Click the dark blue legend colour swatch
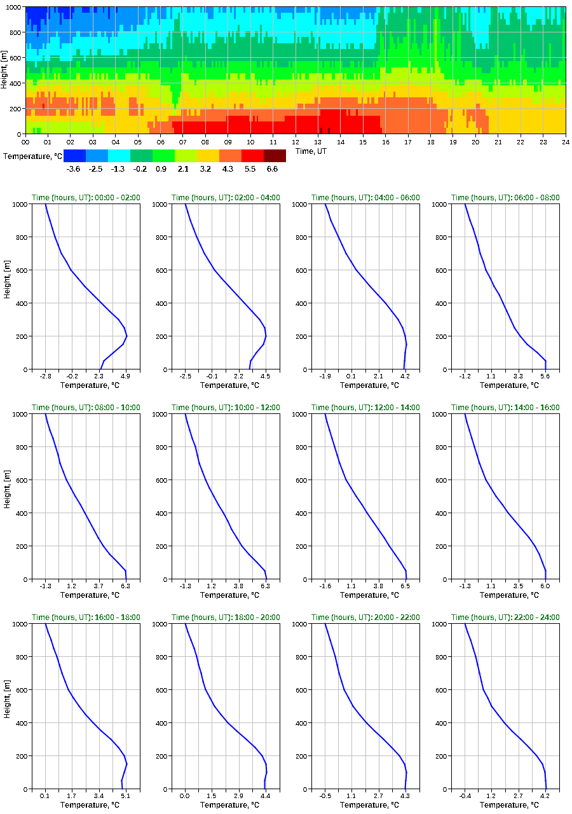coord(74,156)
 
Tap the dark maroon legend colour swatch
coord(275,156)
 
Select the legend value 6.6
coord(272,169)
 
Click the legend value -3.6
coord(73,169)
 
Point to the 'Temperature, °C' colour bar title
coord(32,156)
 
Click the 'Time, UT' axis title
coord(313,151)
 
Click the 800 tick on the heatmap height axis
coord(15,32)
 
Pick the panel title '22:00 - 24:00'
coord(505,617)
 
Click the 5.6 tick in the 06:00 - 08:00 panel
coord(545,376)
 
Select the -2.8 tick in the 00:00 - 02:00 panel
coord(45,376)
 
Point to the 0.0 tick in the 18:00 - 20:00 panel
coord(185,796)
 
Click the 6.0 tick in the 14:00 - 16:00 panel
coord(545,586)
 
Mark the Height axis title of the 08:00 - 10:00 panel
coord(6,496)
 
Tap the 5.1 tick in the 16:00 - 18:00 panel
coord(126,796)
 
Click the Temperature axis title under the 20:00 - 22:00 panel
coord(365,805)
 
